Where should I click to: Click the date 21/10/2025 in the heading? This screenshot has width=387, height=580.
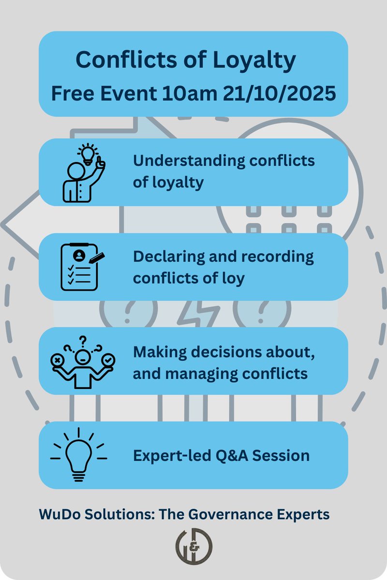click(279, 93)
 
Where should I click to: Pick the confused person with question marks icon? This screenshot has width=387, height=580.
click(83, 362)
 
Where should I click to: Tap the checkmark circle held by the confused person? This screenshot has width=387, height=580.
click(109, 360)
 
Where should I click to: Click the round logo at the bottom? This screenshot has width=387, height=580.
click(193, 546)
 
